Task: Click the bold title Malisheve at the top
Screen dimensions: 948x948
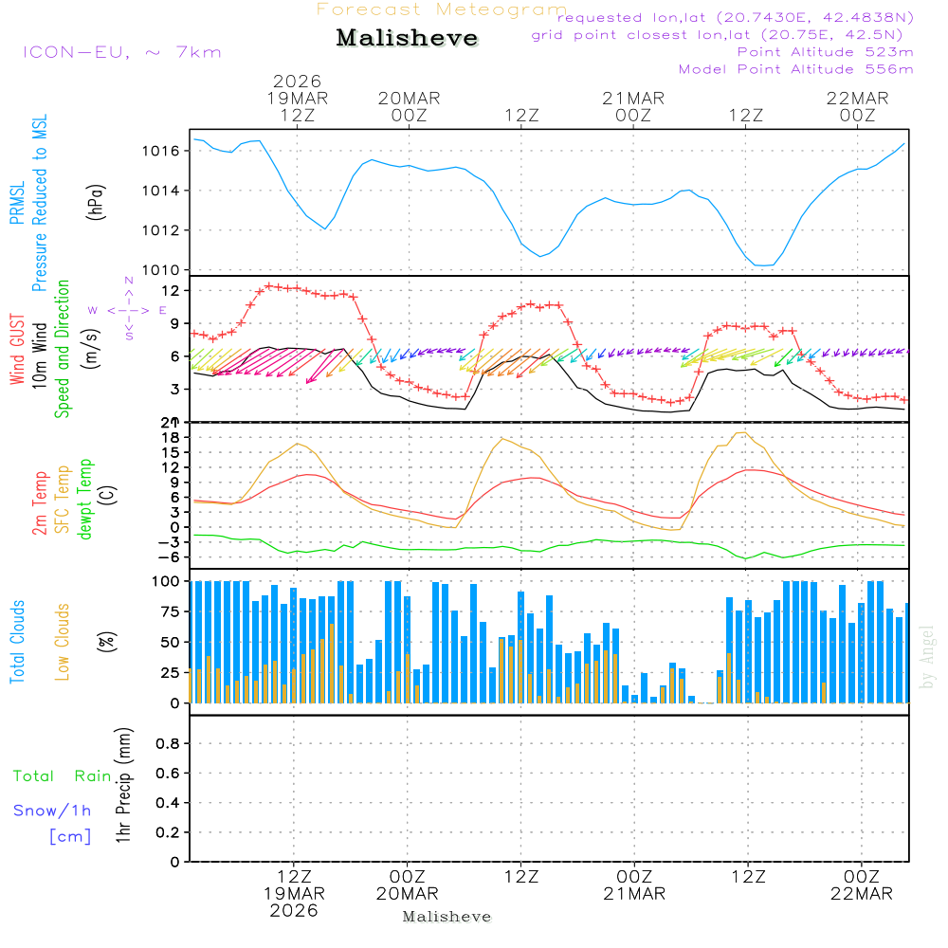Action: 408,39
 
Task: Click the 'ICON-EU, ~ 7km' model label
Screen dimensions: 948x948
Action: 121,52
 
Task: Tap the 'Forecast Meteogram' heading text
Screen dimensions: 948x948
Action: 442,9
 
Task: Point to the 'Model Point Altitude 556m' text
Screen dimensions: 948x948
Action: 795,69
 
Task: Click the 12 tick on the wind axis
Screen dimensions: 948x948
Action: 170,290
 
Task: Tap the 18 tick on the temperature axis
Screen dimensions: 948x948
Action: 170,437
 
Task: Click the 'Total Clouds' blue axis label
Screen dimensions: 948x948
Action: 18,642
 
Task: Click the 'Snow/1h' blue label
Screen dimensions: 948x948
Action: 53,811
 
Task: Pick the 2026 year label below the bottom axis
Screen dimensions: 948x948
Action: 293,910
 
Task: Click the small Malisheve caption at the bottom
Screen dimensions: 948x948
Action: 447,917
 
